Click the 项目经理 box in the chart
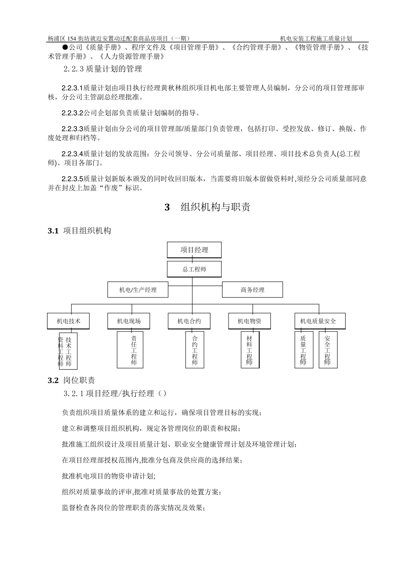pos(194,250)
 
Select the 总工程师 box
pos(194,269)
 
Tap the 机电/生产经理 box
pos(138,290)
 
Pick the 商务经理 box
pos(252,290)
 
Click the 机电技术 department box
pos(68,321)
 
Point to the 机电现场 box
pos(129,321)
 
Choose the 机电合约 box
pos(189,321)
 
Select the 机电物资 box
pos(249,321)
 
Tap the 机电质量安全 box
pos(318,321)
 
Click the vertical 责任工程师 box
pos(134,350)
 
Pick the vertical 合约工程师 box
pos(194,350)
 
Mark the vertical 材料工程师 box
pos(250,350)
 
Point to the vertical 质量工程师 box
pos(303,350)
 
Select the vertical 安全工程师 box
pos(327,350)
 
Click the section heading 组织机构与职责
pos(215,207)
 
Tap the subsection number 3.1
pos(53,231)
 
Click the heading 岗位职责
pos(79,381)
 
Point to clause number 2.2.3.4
pos(72,154)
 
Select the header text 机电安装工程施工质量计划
pos(316,38)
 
